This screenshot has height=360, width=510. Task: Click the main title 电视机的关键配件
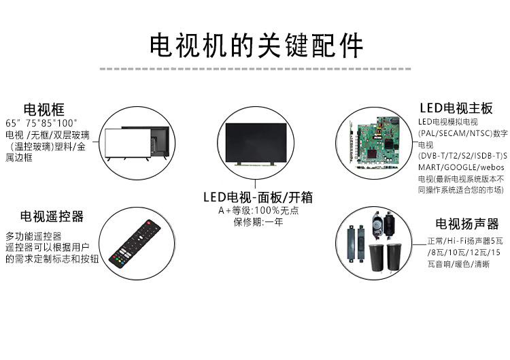256,45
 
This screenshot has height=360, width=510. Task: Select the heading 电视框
44,110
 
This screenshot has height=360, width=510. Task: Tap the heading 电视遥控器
52,216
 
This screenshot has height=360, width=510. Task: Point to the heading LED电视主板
456,108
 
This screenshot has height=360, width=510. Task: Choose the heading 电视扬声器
467,224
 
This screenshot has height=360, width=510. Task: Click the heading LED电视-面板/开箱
258,197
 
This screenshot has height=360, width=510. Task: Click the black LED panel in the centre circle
256,142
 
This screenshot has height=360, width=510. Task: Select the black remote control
135,244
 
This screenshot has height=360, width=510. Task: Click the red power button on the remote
148,223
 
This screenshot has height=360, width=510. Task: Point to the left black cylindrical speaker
376,257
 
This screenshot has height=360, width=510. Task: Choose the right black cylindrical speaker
393,257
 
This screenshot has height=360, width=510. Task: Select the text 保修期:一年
258,222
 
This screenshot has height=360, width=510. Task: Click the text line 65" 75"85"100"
41,123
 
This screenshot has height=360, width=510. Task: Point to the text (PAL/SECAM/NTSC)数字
463,133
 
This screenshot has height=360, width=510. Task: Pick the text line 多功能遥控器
33,236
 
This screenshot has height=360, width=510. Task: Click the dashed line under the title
255,69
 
